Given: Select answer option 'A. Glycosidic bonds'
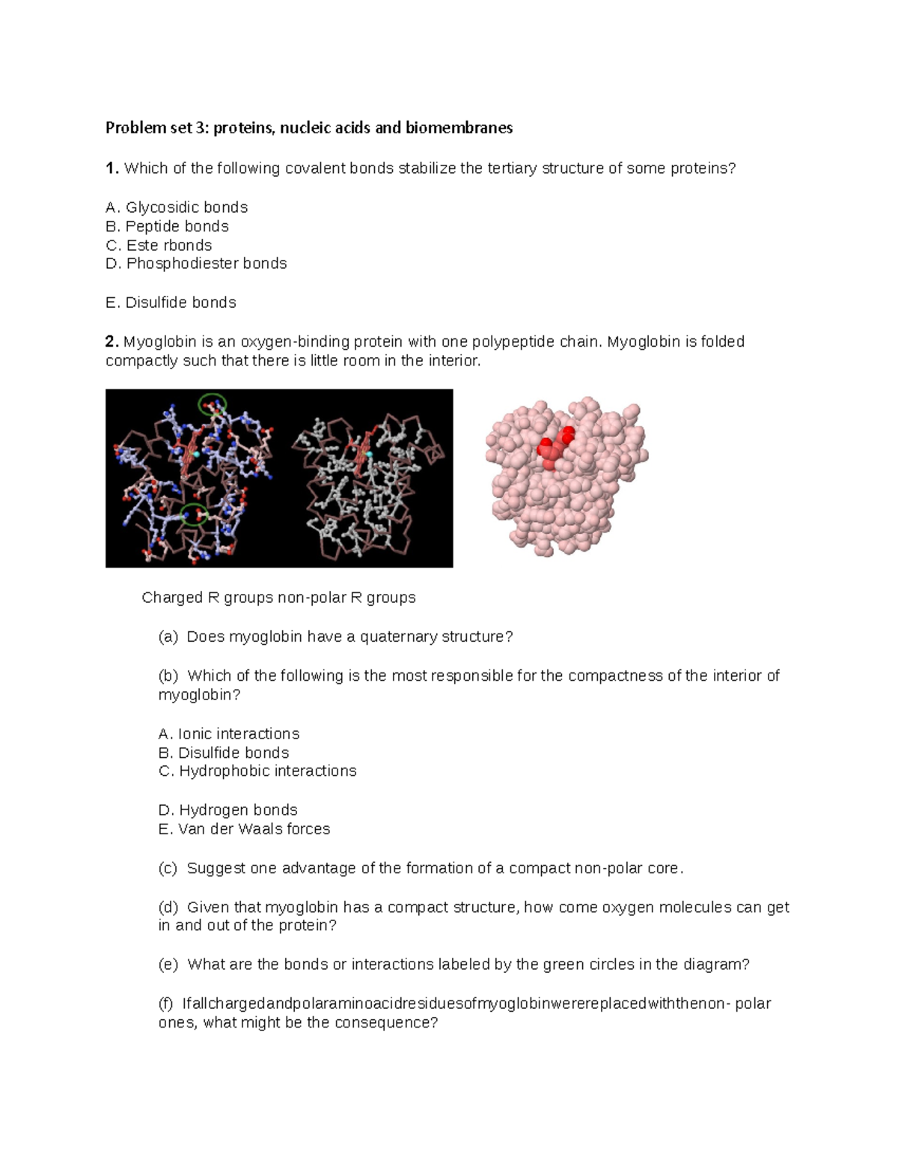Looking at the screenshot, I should (177, 207).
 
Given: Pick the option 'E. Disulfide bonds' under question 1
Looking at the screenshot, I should (171, 303).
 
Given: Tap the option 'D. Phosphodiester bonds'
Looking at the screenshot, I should (196, 264).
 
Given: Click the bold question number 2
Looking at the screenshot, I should (112, 341).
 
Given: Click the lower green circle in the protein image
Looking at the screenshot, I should (194, 514).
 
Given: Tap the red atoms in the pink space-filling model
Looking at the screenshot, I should (555, 449).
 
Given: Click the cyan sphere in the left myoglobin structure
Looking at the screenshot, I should (197, 454).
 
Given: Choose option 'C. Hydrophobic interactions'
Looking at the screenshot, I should (257, 771).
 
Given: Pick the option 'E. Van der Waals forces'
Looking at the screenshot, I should (244, 829).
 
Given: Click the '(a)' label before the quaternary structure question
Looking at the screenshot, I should (168, 637).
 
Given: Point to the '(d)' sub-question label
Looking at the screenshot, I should (168, 908).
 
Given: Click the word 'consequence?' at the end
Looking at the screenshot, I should (394, 1023).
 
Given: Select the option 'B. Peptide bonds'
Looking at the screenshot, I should (167, 226).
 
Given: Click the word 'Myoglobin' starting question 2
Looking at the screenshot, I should (156, 341).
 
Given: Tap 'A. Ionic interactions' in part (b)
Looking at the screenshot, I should (228, 734).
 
